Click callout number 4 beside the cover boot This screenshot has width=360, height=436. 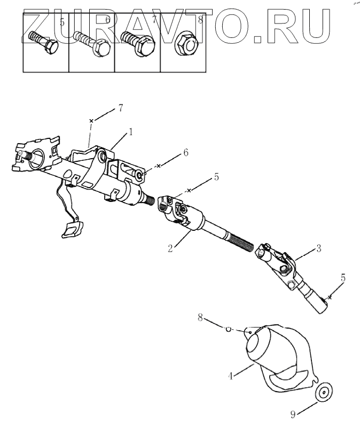231,376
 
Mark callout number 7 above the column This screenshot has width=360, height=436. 120,108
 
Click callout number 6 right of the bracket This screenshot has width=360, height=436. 185,152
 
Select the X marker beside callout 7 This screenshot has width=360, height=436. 92,121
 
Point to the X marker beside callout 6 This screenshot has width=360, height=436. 158,166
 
